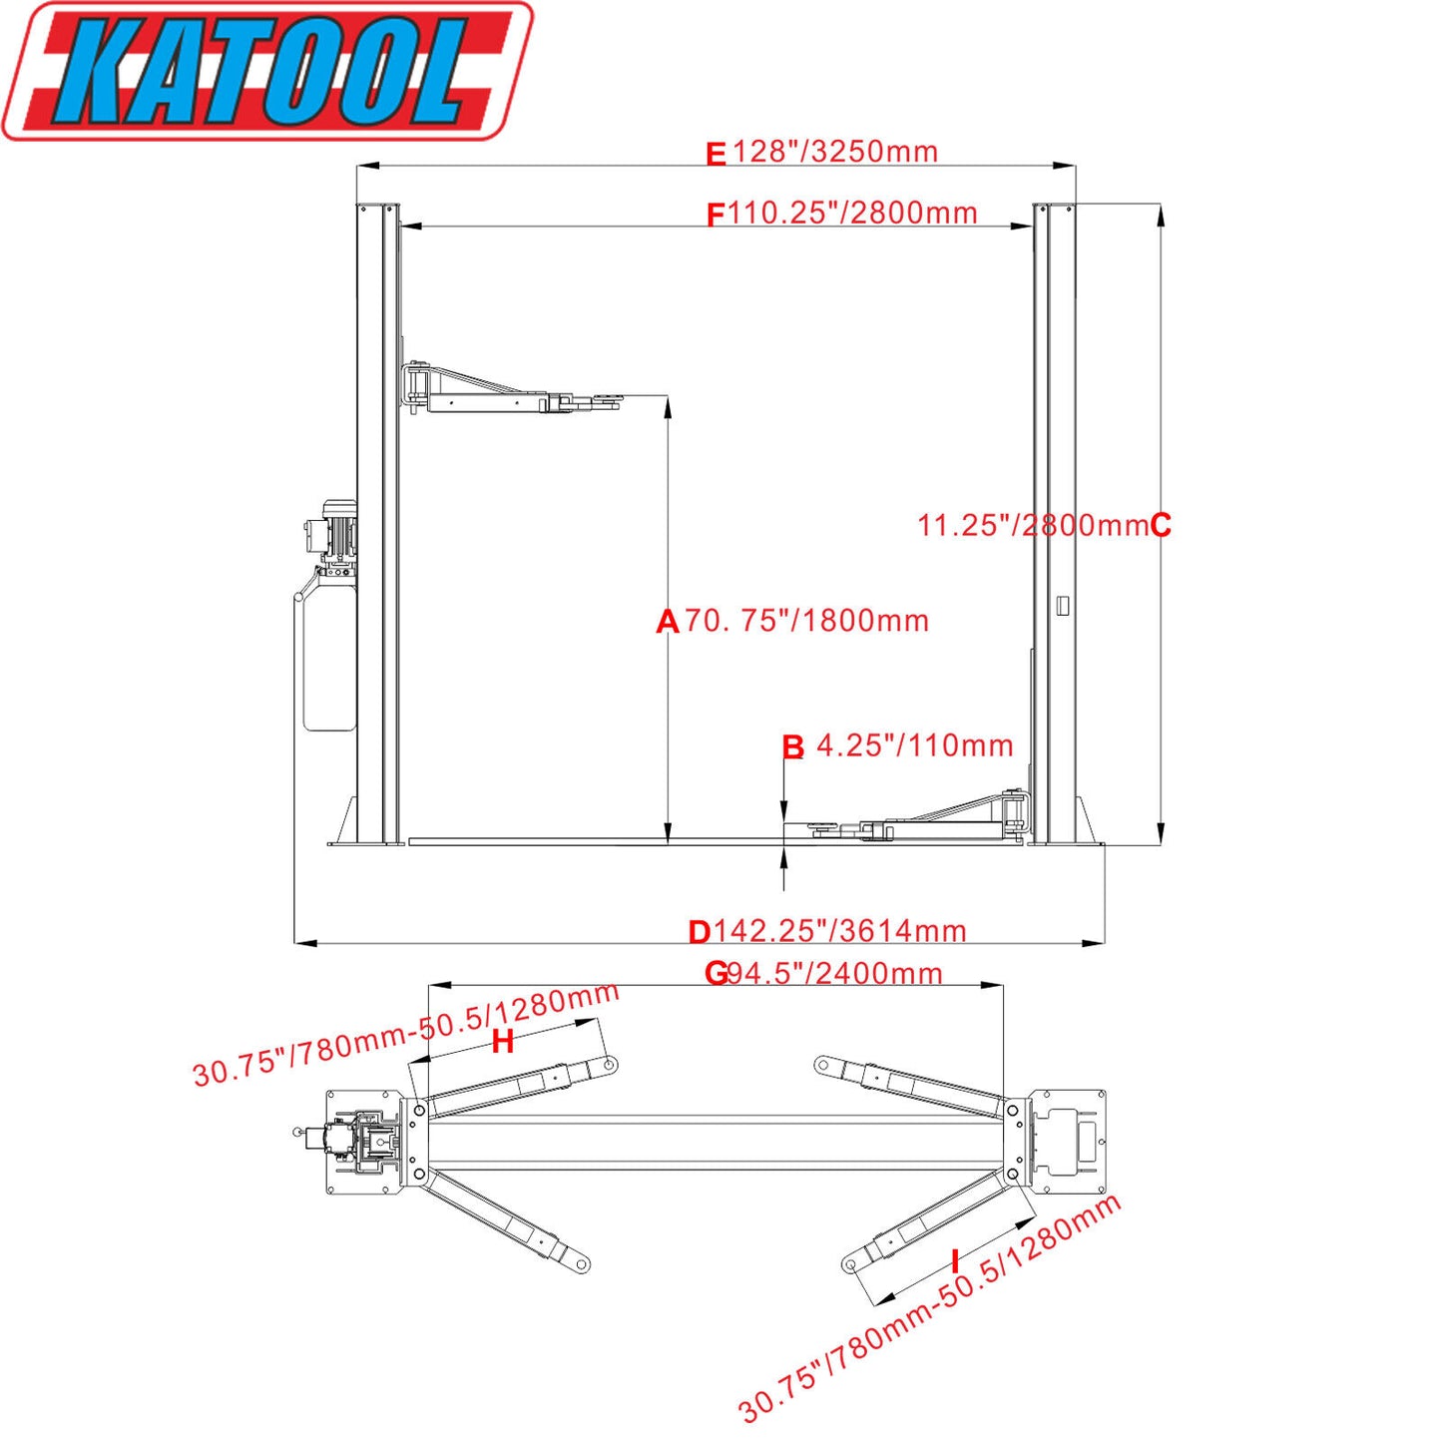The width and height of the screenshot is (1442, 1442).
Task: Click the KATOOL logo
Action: [x=267, y=72]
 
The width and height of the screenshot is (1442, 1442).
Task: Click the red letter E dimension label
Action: [x=716, y=155]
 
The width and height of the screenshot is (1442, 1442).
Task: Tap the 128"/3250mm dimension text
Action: [x=835, y=152]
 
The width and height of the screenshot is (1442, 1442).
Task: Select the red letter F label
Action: [x=715, y=215]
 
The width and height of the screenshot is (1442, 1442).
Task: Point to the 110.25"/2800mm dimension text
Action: [x=851, y=213]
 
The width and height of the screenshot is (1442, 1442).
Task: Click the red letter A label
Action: [x=667, y=622]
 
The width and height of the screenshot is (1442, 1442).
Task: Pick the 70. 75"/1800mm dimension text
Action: [x=806, y=621]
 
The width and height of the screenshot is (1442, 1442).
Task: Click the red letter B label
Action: [x=792, y=747]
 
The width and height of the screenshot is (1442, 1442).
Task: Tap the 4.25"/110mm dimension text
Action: [x=914, y=745]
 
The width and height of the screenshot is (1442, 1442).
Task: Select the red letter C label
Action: [x=1161, y=525]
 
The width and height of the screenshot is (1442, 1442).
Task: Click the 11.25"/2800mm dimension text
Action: [x=1032, y=525]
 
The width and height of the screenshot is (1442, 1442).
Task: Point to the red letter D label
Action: [x=699, y=932]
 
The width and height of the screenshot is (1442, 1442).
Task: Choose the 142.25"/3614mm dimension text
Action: [x=839, y=931]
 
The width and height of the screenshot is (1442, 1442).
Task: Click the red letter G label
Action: [x=716, y=973]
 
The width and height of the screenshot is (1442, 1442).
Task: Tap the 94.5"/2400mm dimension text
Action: [x=834, y=973]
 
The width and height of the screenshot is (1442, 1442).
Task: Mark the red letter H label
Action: [x=503, y=1042]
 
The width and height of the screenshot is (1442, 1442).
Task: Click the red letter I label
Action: [x=955, y=1260]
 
